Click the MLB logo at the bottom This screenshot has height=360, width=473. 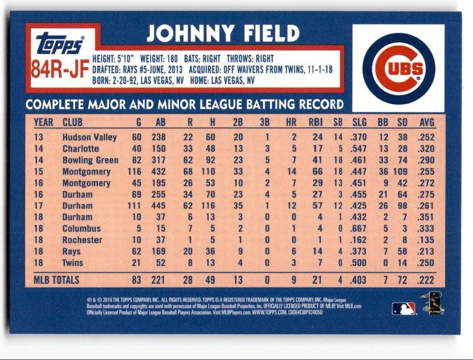(403, 309)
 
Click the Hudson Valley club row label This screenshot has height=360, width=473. (89, 137)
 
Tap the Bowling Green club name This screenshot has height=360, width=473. (90, 160)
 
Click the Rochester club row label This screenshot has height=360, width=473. (82, 240)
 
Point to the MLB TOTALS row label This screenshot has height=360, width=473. (56, 280)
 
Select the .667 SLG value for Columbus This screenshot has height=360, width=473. (359, 229)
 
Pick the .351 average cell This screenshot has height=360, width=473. (426, 217)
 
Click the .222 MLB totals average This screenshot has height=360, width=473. (426, 280)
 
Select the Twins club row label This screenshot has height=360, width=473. (72, 263)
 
